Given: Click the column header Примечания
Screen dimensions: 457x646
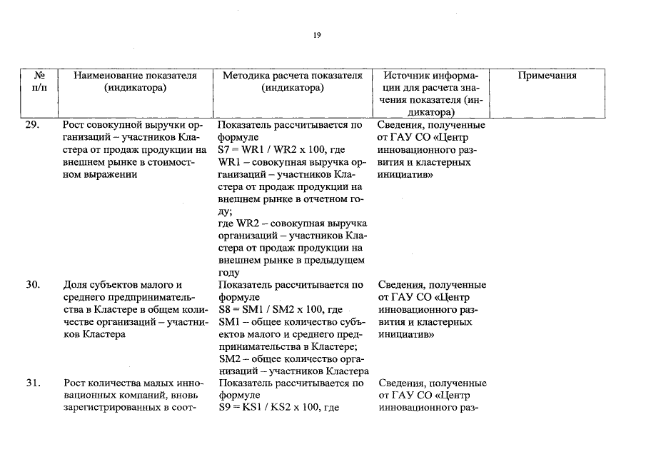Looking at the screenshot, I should point(547,76).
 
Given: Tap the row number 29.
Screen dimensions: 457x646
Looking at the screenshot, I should point(33,125).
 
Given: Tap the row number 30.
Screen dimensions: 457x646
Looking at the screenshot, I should point(33,285).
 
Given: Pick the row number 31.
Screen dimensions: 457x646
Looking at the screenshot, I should point(33,383).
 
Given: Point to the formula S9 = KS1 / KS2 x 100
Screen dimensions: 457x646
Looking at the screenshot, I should point(270,408).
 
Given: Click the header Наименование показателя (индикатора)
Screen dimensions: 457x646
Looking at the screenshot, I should point(135,81).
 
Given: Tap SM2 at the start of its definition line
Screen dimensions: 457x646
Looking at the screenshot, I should point(231,358).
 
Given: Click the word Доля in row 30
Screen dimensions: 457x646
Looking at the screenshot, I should point(77,285).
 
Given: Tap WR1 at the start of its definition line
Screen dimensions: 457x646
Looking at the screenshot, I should point(231,163).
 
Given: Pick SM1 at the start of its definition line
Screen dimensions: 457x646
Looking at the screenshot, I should point(231,322).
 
